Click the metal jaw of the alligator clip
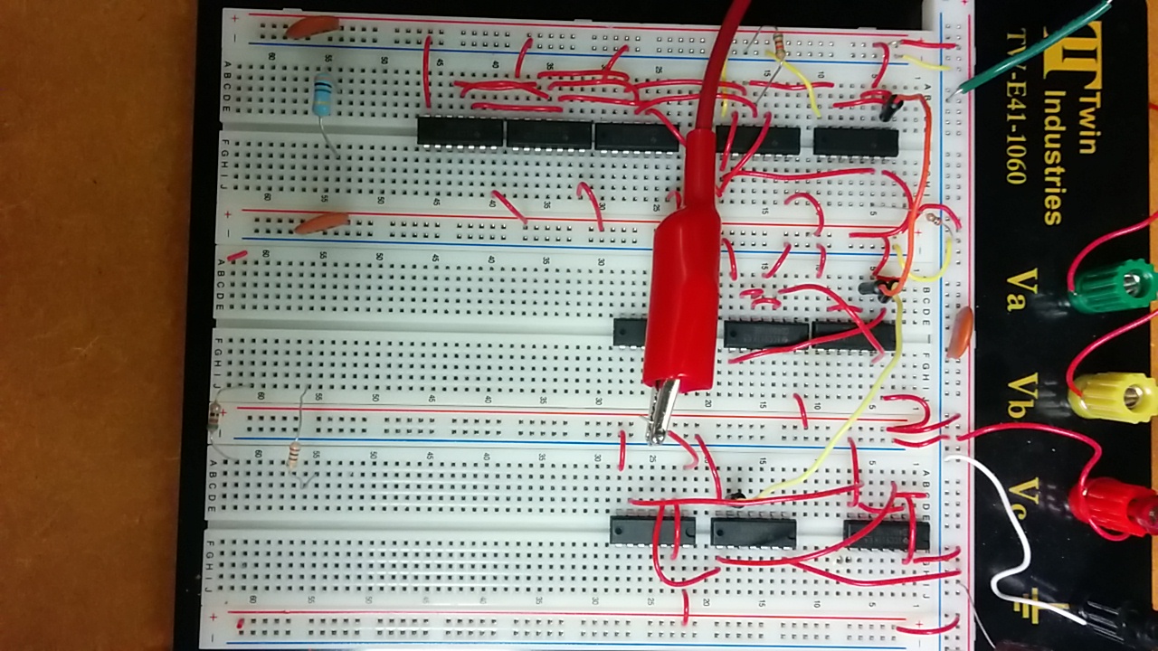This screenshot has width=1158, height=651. point(663,411)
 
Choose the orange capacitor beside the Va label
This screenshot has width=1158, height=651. point(961,331)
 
